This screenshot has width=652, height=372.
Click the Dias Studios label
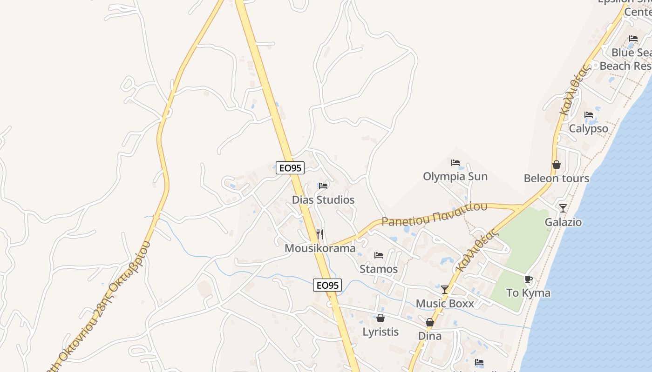tap(323, 200)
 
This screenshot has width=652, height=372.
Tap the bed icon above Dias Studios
tap(323, 186)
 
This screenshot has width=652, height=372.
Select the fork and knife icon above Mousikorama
tap(319, 234)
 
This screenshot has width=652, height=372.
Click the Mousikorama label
tap(320, 248)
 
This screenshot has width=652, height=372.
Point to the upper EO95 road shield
tap(290, 168)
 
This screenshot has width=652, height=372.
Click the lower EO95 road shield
tap(327, 285)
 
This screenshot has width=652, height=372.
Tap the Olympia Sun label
tap(455, 177)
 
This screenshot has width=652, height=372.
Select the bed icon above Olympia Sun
tap(455, 163)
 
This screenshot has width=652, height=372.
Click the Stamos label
tap(379, 269)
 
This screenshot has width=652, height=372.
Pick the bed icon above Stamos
tap(379, 255)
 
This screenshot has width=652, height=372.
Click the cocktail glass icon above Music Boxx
tap(445, 290)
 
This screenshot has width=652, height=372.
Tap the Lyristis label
tap(380, 332)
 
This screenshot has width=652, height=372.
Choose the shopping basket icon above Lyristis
tap(380, 319)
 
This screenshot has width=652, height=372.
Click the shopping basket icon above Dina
tap(430, 322)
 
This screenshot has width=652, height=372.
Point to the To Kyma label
tap(528, 293)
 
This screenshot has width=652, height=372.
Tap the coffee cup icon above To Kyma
tap(528, 279)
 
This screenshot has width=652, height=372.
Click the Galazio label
tap(563, 222)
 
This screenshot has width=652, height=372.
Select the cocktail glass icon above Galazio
tap(563, 208)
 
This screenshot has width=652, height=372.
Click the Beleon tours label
tap(556, 179)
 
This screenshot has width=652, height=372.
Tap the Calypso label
tap(589, 129)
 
